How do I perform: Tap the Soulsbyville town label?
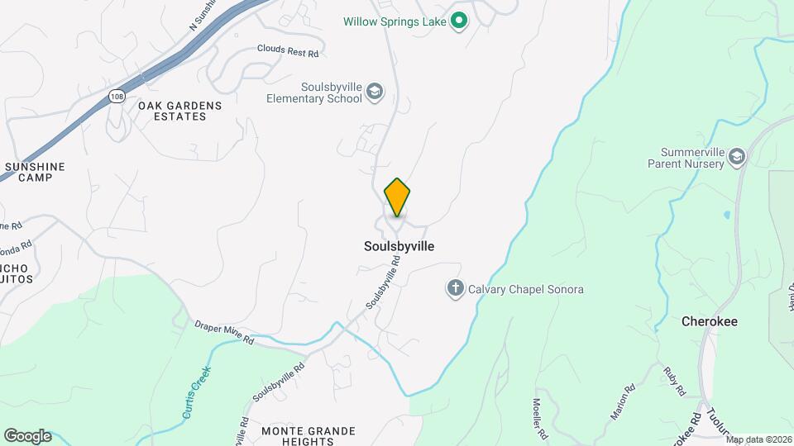click(x=399, y=246)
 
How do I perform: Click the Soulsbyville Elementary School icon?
click(x=375, y=92)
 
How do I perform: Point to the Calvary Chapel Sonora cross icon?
click(x=455, y=289)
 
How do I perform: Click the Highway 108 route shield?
click(x=117, y=97)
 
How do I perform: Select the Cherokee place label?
click(x=709, y=321)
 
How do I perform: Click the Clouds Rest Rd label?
click(x=287, y=51)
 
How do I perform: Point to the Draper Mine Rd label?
click(x=224, y=334)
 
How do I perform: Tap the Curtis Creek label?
click(x=197, y=391)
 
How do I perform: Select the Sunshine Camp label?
click(x=34, y=172)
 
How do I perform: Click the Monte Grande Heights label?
click(x=308, y=436)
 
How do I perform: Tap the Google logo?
click(x=27, y=436)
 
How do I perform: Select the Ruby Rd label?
click(x=674, y=378)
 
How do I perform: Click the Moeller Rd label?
click(x=539, y=420)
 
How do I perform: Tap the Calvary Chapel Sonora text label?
click(x=526, y=290)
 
